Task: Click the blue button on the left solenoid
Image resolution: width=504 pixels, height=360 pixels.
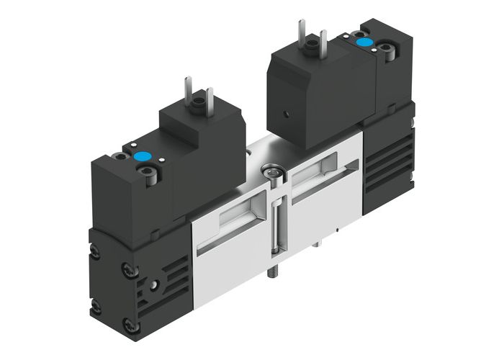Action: coord(140,155)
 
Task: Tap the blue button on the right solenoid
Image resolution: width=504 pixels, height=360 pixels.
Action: coord(365,43)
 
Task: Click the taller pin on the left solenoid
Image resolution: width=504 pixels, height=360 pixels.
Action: coord(189,89)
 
